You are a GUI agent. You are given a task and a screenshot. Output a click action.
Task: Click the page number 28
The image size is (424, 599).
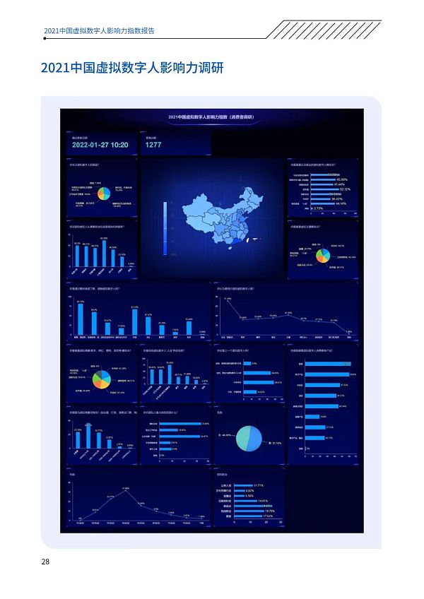coord(45,562)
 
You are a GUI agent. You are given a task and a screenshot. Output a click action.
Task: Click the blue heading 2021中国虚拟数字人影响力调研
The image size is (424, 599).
coord(132,68)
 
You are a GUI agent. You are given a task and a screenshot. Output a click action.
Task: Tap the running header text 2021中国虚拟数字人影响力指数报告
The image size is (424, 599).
coord(99,31)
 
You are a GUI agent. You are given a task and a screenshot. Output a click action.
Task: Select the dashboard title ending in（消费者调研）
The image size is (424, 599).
coord(211,117)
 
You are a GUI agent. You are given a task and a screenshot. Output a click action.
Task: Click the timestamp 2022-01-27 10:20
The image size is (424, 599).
coord(100,144)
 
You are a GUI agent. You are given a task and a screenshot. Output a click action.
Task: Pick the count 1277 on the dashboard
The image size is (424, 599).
coord(154,144)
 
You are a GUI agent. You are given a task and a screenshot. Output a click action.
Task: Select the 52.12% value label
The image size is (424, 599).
coord(345,189)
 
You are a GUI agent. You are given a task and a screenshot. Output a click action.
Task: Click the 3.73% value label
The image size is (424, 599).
coord(318,208)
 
